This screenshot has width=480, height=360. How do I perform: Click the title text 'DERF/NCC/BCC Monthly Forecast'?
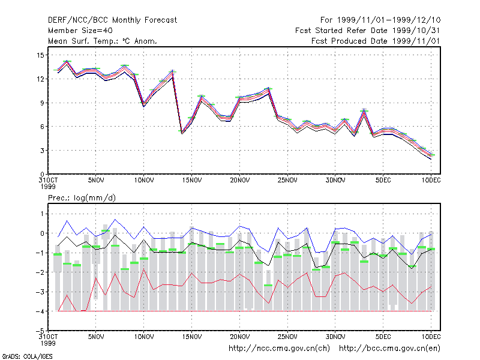pyautogui.click(x=112, y=20)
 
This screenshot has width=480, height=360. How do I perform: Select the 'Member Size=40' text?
pyautogui.click(x=80, y=31)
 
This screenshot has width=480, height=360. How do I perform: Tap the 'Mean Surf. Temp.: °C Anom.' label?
pyautogui.click(x=103, y=41)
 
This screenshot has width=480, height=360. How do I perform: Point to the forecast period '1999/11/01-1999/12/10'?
pyautogui.click(x=389, y=20)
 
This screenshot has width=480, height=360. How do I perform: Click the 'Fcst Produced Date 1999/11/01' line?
pyautogui.click(x=376, y=41)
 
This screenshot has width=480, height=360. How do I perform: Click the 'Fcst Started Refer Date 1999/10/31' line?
pyautogui.click(x=367, y=31)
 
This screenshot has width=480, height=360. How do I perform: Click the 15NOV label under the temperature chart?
pyautogui.click(x=192, y=180)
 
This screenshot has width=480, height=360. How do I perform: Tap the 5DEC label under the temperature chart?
pyautogui.click(x=383, y=180)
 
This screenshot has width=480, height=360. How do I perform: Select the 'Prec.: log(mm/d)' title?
pyautogui.click(x=82, y=198)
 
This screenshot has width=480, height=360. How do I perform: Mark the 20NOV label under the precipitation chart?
pyautogui.click(x=239, y=337)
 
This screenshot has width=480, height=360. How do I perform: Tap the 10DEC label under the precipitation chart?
pyautogui.click(x=431, y=337)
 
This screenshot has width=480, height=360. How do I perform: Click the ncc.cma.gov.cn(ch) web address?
pyautogui.click(x=279, y=349)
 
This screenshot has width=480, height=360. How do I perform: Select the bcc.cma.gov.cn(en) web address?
pyautogui.click(x=389, y=349)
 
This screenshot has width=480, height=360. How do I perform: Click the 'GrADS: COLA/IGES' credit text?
pyautogui.click(x=27, y=356)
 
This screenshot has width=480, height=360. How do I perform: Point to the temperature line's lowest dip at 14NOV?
pyautogui.click(x=182, y=133)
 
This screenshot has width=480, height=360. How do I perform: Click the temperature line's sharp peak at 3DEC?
pyautogui.click(x=364, y=111)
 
